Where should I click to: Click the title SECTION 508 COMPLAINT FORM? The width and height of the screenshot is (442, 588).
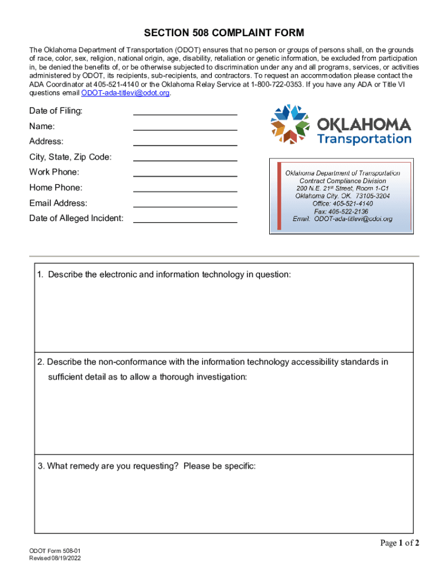(224, 33)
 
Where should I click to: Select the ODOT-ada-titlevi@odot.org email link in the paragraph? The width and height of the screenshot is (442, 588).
(126, 92)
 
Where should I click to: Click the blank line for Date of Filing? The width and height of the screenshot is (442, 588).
(185, 111)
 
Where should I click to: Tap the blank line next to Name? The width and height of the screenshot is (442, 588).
(185, 126)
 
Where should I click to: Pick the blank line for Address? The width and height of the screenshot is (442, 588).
(185, 142)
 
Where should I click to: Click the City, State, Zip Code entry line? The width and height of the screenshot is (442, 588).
(185, 157)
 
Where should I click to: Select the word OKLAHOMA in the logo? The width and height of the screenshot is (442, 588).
(364, 124)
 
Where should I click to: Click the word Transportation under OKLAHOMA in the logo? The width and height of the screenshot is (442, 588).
(364, 139)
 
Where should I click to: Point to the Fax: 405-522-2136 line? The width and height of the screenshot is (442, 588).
(341, 211)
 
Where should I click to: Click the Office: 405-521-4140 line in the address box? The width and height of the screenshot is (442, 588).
(342, 203)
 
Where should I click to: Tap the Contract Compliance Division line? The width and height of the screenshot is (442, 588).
(342, 181)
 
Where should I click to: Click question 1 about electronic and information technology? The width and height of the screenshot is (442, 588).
(164, 275)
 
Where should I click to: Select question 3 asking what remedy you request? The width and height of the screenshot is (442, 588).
(146, 466)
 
